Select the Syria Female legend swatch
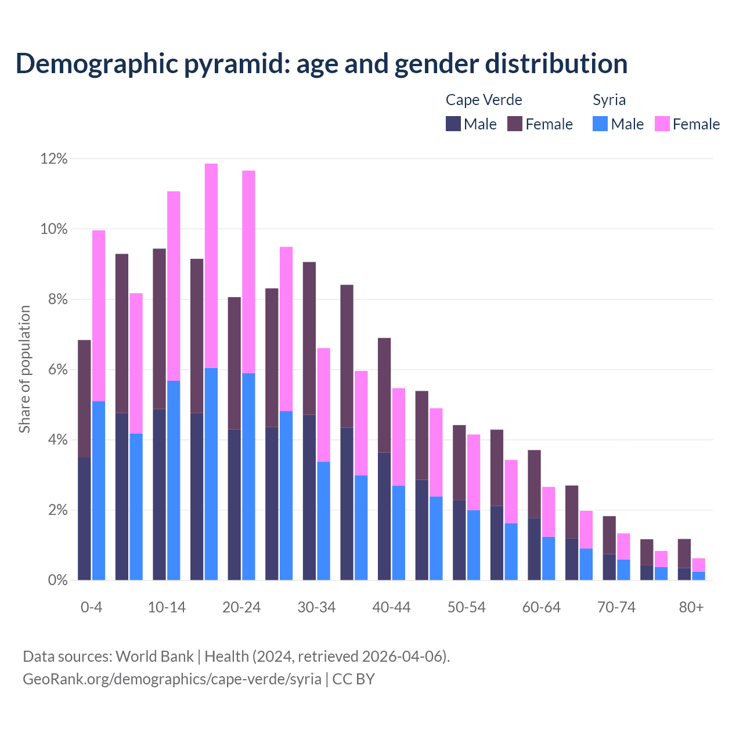pos(662,124)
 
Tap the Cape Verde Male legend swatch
pos(453,124)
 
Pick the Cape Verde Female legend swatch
pos(515,124)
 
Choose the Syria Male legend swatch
pos(600,124)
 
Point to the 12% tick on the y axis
pos(54,158)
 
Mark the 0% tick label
pos(57,580)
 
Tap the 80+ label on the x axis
pos(691,607)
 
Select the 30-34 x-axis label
pos(316,607)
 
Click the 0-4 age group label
pos(92,607)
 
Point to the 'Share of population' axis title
pos(24,369)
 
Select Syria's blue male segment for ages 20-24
pos(248,476)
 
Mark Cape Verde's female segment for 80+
pos(684,553)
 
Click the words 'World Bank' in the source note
pos(154,657)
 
